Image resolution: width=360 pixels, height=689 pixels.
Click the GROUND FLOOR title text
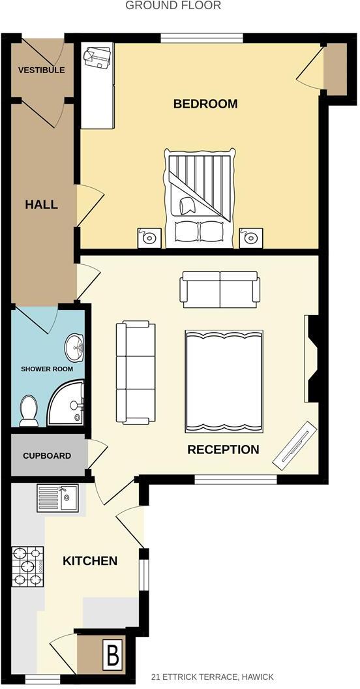pos(173,6)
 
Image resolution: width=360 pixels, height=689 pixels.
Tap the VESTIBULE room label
pos(41,70)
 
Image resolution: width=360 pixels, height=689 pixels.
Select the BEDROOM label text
pos(205,104)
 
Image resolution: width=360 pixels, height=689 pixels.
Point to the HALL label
pos(41,204)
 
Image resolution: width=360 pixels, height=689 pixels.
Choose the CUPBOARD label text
pos(47,455)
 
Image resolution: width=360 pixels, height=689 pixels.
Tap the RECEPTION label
pos(223,450)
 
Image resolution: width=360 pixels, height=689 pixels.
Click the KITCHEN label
pos(90,560)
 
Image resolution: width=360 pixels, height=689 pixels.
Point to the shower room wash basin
pos(77,347)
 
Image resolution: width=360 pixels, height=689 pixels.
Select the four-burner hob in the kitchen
pos(27,565)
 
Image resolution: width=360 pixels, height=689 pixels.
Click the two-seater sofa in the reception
pos(220,289)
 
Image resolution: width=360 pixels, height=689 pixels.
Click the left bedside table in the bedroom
pos(150,237)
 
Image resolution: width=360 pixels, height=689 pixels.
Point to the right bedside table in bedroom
pos(250,238)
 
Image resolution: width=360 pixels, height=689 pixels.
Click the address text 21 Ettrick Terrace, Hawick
pos(213,677)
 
